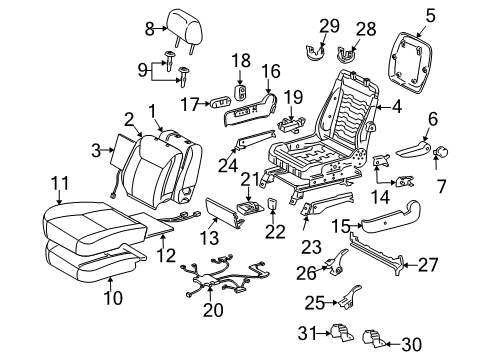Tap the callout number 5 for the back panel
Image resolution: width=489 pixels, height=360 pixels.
point(431,14)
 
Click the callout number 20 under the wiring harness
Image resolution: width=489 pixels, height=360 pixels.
point(210,311)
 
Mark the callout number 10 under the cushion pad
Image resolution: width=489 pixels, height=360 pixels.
point(110,298)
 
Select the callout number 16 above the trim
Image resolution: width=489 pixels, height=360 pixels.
point(272,71)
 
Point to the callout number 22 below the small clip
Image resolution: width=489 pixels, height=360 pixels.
point(271,232)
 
